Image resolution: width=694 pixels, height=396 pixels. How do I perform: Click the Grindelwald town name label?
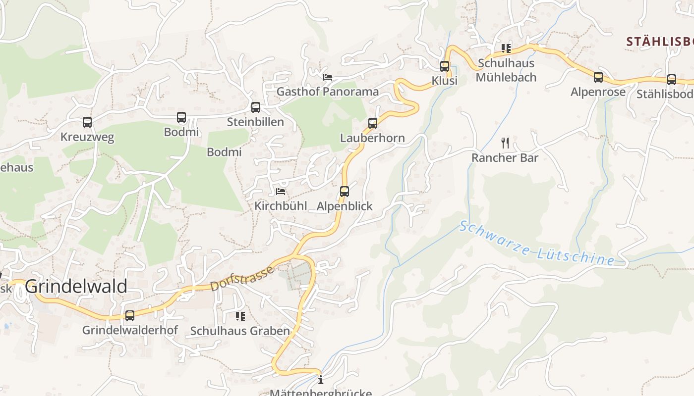[76, 287]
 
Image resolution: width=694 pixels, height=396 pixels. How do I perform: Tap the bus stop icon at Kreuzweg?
[87, 122]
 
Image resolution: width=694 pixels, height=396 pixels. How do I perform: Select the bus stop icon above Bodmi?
[181, 117]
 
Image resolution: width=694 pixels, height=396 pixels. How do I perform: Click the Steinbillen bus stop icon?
[256, 107]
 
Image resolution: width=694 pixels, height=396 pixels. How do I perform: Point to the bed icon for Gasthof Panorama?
[327, 77]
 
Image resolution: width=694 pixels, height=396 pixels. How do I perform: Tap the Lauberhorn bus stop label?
[372, 138]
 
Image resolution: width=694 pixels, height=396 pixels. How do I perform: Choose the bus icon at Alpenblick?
[345, 191]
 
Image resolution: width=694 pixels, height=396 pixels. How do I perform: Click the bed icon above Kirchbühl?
[281, 191]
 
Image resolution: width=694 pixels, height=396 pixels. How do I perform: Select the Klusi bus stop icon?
[445, 66]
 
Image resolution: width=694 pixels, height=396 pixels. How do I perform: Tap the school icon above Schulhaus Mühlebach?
[506, 49]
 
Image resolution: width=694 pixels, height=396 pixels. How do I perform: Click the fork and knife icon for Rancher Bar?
[505, 143]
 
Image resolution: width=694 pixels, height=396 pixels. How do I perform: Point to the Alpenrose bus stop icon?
[598, 77]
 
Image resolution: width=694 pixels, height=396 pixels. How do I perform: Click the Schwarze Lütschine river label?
[536, 243]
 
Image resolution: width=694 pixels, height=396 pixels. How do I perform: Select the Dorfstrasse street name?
[242, 279]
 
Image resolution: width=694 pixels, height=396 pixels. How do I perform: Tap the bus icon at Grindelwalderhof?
[130, 315]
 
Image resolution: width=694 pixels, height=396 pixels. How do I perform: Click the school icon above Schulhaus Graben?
[240, 316]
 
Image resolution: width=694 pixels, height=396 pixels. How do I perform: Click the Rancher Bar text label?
[505, 158]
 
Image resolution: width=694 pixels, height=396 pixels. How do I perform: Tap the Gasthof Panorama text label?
[327, 92]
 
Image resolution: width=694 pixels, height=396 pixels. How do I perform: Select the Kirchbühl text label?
[281, 206]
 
